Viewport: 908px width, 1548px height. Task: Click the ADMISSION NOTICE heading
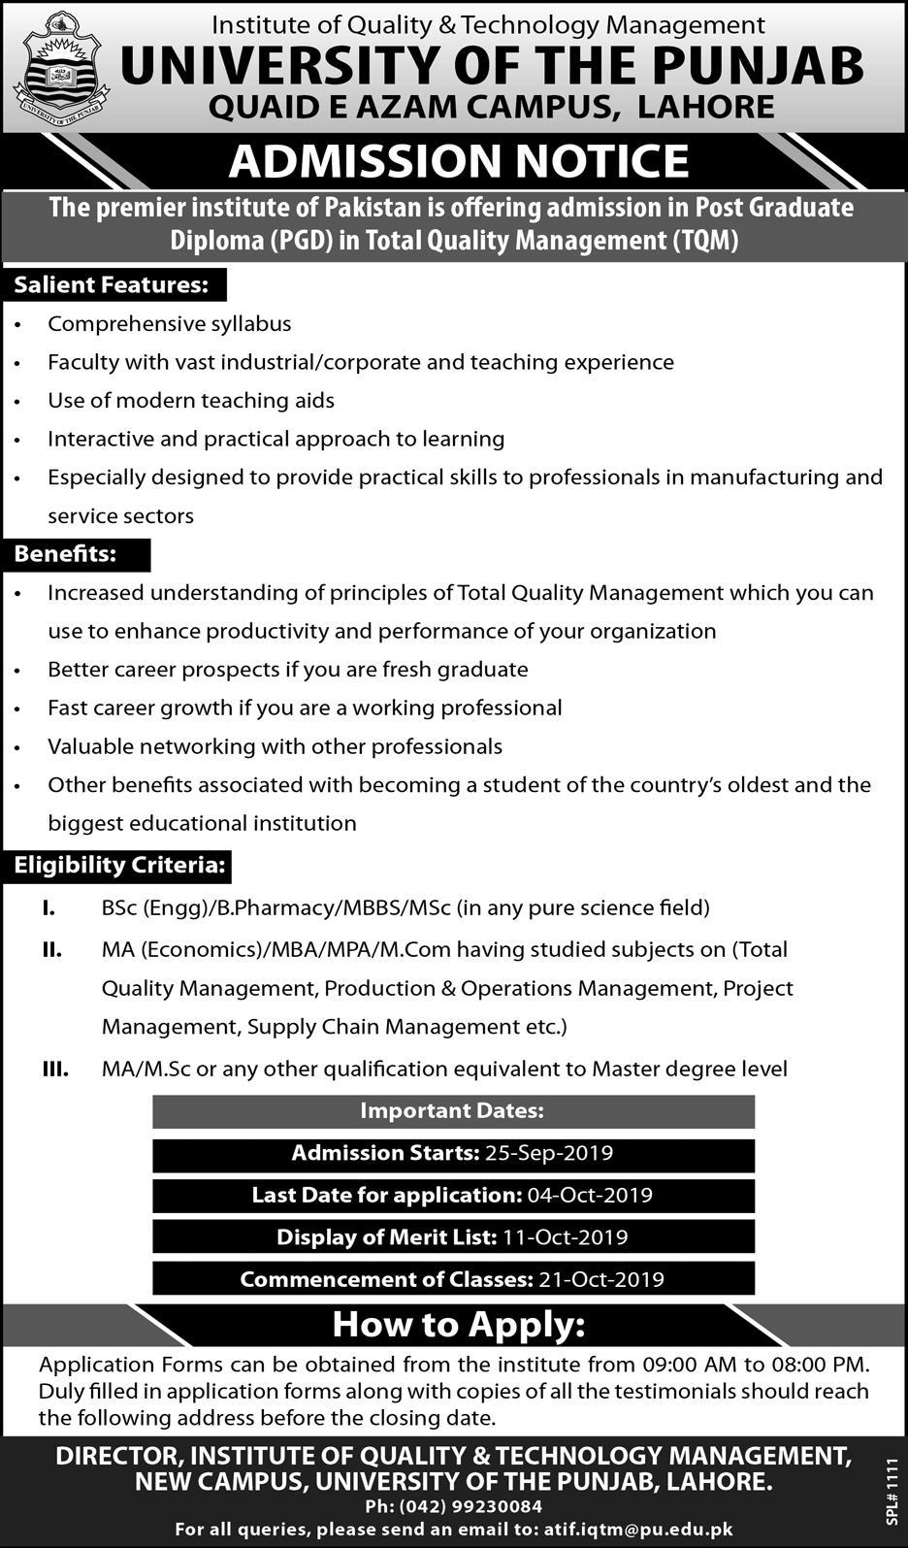click(458, 161)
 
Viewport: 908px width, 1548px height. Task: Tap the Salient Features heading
click(111, 285)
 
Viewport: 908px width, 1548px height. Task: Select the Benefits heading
click(65, 554)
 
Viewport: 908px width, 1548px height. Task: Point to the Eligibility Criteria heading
click(119, 866)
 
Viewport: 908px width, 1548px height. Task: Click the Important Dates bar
click(452, 1111)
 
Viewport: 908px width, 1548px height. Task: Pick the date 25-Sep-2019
click(549, 1153)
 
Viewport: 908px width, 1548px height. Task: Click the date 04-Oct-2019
click(590, 1195)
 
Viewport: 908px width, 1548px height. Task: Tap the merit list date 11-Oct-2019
click(565, 1237)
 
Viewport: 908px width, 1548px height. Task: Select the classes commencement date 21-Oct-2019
click(601, 1279)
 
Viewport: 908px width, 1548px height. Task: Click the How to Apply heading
click(458, 1325)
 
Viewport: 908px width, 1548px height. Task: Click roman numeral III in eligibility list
click(54, 1070)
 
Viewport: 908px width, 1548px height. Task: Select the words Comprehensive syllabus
click(170, 324)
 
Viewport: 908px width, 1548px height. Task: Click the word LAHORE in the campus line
click(705, 107)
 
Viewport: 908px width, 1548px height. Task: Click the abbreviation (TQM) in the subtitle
click(705, 240)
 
